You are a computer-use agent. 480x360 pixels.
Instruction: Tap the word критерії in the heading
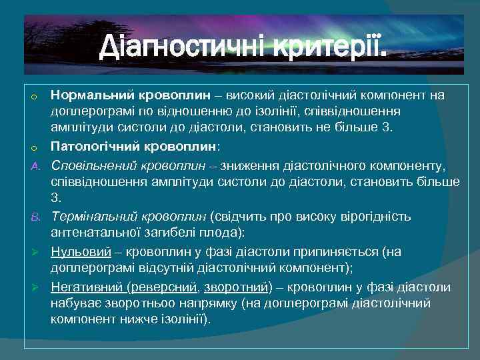[x=321, y=47]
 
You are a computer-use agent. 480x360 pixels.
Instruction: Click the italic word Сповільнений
[x=89, y=164]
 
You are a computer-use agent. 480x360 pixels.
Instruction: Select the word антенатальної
[x=97, y=233]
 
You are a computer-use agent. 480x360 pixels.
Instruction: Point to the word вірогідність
[x=374, y=216]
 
